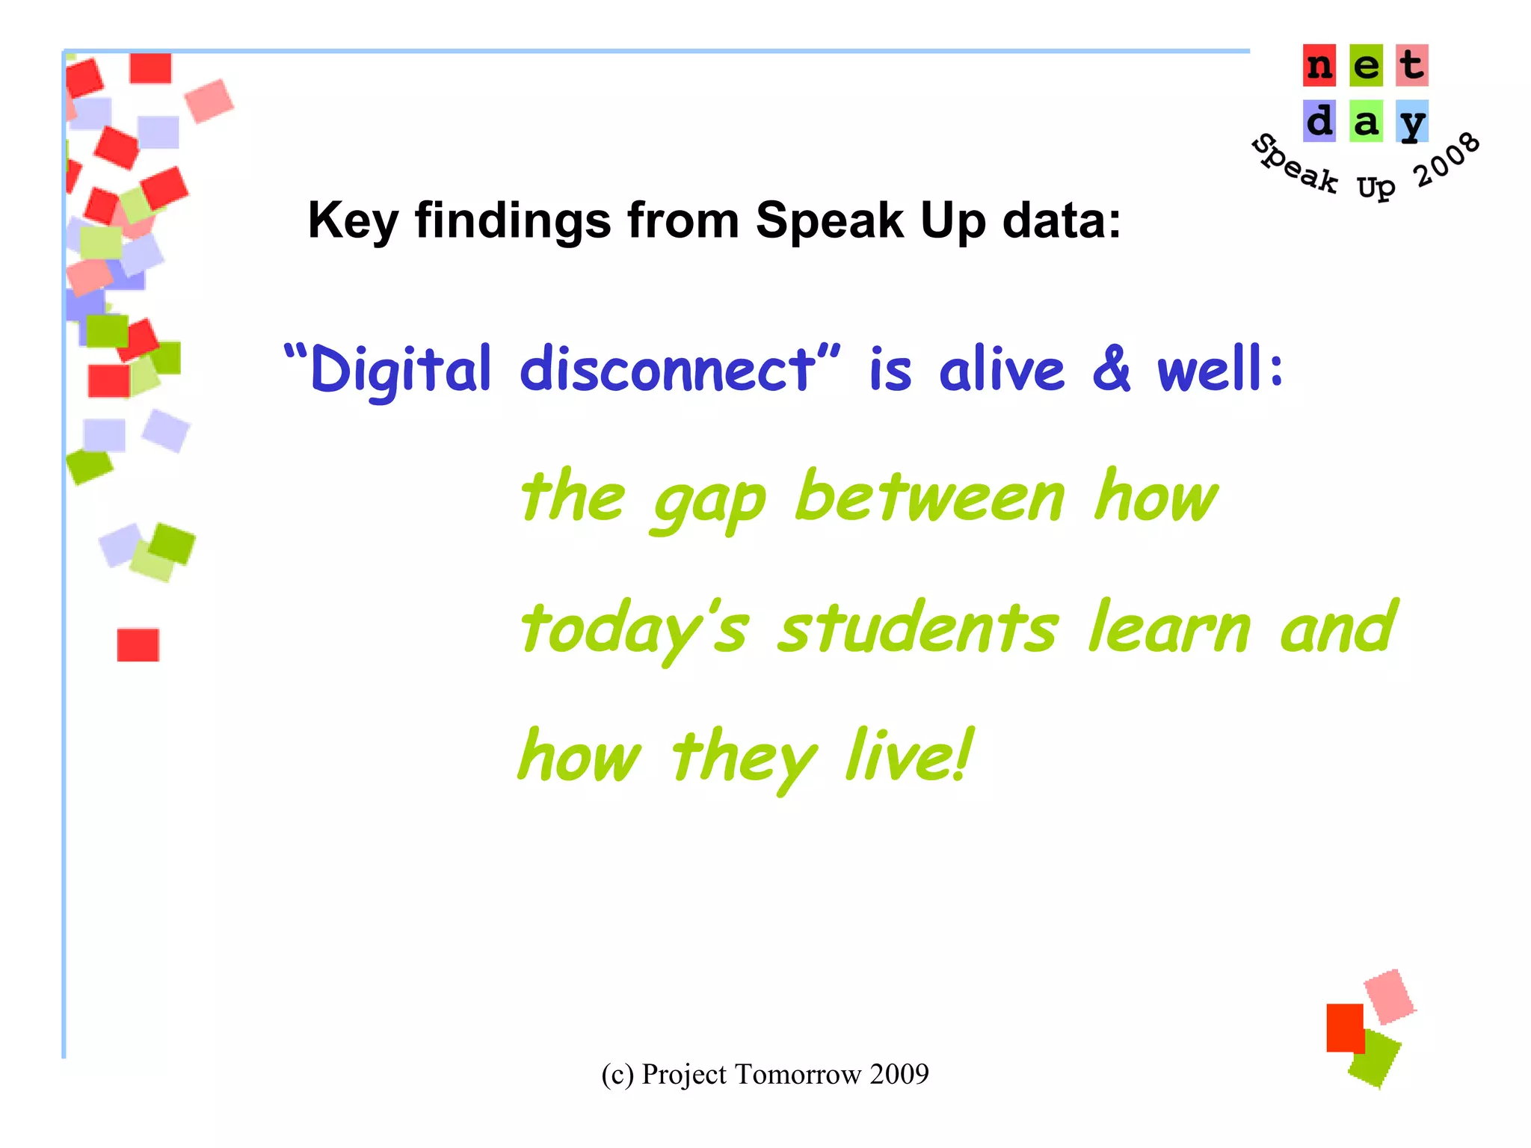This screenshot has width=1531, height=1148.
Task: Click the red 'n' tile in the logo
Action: [1319, 66]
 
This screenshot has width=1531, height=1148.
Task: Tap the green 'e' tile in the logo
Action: [1366, 66]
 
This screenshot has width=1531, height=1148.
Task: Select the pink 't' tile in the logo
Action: [1411, 66]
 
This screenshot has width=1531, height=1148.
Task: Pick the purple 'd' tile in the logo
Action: [1319, 121]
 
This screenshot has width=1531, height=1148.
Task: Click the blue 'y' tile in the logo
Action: [1411, 121]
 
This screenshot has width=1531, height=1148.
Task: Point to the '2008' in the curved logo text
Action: [1447, 159]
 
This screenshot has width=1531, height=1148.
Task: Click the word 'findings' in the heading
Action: [513, 220]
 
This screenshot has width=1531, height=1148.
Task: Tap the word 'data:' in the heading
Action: [1062, 220]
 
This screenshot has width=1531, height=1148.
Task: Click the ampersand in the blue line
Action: [1112, 368]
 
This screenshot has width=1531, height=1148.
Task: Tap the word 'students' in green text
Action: [918, 628]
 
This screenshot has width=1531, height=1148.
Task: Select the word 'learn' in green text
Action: [1168, 628]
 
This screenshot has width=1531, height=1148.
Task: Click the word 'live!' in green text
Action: [909, 756]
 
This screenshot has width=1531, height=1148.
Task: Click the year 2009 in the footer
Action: [899, 1074]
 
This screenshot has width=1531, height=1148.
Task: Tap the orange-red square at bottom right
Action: [1344, 1028]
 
